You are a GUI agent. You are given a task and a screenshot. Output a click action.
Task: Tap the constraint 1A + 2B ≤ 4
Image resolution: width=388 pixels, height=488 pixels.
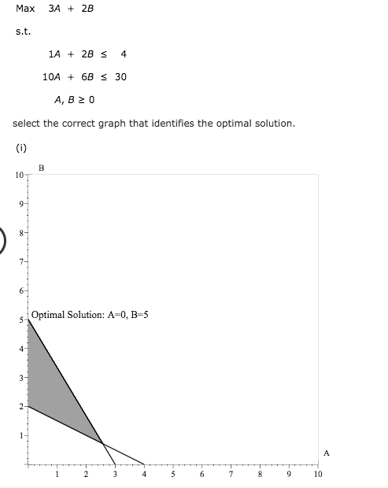(87, 54)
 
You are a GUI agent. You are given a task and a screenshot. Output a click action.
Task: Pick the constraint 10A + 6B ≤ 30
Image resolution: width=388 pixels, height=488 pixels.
(84, 77)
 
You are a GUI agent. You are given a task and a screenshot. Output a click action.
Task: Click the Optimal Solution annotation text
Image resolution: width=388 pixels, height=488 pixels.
(90, 314)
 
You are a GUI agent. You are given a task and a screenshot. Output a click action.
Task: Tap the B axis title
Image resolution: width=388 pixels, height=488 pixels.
(41, 168)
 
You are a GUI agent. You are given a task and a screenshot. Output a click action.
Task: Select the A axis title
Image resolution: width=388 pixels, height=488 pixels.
(327, 453)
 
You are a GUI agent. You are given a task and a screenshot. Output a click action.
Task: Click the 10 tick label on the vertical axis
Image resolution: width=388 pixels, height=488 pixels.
(18, 174)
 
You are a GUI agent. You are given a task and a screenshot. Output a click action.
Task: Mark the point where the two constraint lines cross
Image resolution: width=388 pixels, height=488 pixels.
(102, 443)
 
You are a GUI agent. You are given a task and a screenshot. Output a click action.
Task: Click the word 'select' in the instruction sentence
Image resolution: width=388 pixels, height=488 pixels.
(28, 124)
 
